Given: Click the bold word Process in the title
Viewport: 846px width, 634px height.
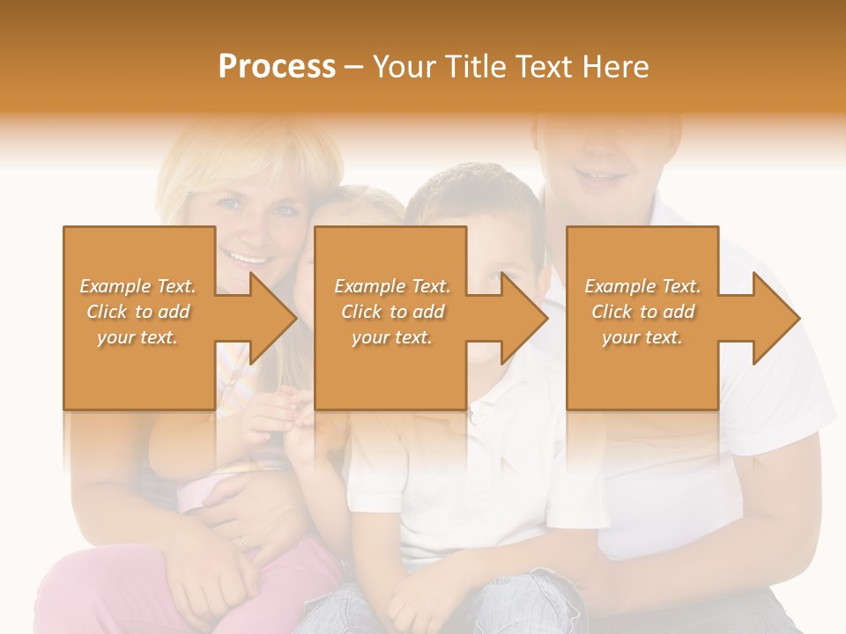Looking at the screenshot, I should tap(277, 67).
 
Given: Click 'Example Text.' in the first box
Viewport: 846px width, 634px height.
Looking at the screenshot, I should tap(138, 286).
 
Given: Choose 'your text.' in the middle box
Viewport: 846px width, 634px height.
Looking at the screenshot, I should tap(391, 337).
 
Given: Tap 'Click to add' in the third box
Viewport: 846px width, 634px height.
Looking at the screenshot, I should tap(642, 312).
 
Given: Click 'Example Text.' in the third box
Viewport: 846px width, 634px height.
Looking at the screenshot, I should tap(642, 286).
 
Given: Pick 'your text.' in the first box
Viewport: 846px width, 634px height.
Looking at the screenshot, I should tap(138, 337).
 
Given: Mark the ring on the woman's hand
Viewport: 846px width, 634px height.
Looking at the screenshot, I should tap(242, 542).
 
